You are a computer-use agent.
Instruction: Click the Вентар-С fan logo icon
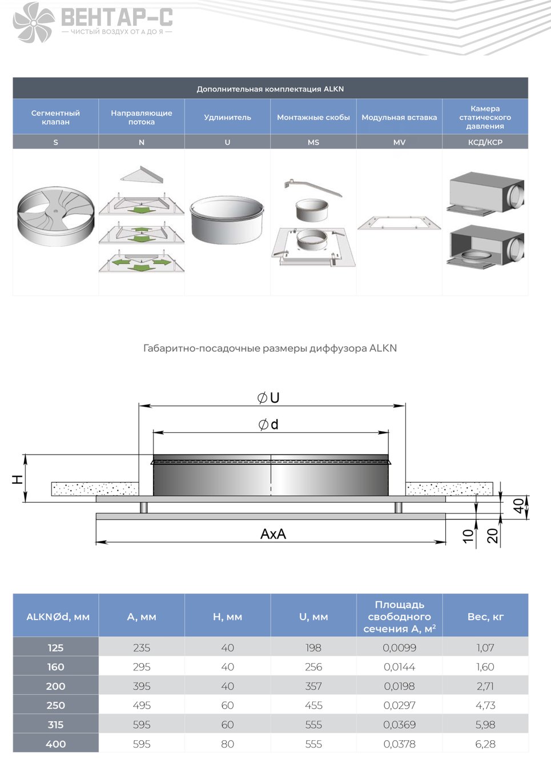pos(34,22)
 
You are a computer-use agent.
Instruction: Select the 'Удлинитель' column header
pos(227,118)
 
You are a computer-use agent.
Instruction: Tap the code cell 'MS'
pos(313,142)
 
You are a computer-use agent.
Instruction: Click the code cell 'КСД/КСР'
pos(485,142)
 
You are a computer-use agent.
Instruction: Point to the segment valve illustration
pos(56,216)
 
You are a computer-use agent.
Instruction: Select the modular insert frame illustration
pos(399,223)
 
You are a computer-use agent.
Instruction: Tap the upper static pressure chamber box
pos(486,195)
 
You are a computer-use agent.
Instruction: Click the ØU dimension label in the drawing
pos(268,398)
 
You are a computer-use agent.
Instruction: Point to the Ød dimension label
pos(268,425)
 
